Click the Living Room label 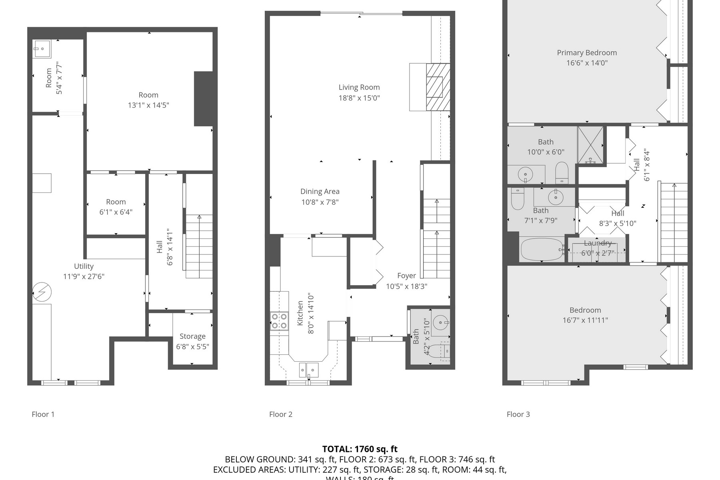point(359,87)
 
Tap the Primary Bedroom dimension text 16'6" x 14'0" point(586,63)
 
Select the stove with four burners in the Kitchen point(279,321)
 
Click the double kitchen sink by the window point(309,370)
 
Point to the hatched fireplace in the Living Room point(438,87)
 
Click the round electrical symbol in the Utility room point(42,292)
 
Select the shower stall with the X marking point(590,145)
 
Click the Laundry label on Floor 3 point(597,243)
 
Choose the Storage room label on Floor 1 point(192,336)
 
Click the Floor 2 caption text point(280,414)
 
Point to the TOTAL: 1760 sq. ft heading point(360,449)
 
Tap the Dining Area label point(320,192)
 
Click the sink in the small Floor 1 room point(41,49)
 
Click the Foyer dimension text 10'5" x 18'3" point(406,286)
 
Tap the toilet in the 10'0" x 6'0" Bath point(562,172)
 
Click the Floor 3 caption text point(518,414)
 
